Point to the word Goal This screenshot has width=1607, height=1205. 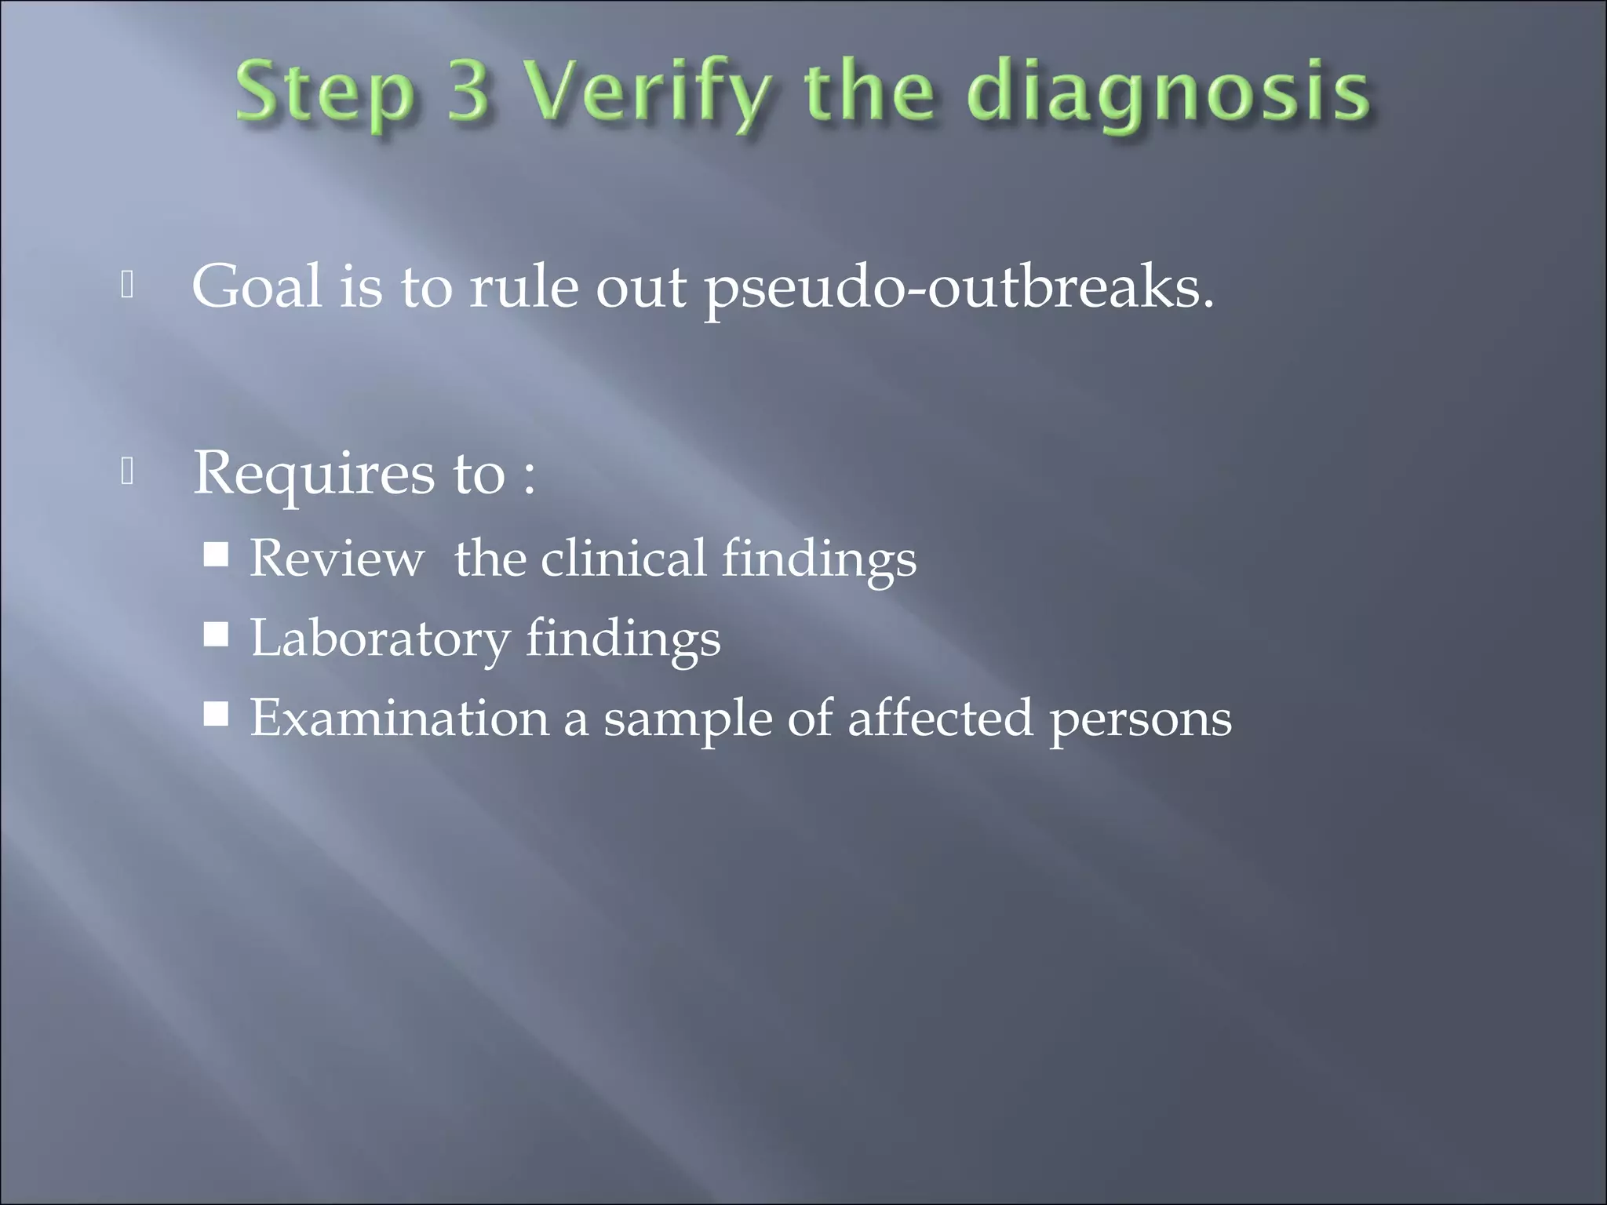pyautogui.click(x=257, y=286)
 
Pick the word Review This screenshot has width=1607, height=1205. pyautogui.click(x=337, y=558)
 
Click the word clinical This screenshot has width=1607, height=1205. pyautogui.click(x=623, y=558)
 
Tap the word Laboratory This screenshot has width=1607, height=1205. pyautogui.click(x=380, y=638)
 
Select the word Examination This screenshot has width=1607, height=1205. pyautogui.click(x=399, y=717)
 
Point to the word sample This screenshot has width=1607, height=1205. pyautogui.click(x=687, y=719)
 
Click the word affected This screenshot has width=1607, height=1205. pyautogui.click(x=940, y=717)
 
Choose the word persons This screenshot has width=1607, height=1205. pyautogui.click(x=1140, y=719)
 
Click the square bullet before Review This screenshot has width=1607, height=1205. pyautogui.click(x=216, y=555)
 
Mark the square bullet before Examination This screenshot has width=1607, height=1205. pyautogui.click(x=216, y=714)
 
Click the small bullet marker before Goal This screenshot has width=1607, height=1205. pyautogui.click(x=128, y=286)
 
